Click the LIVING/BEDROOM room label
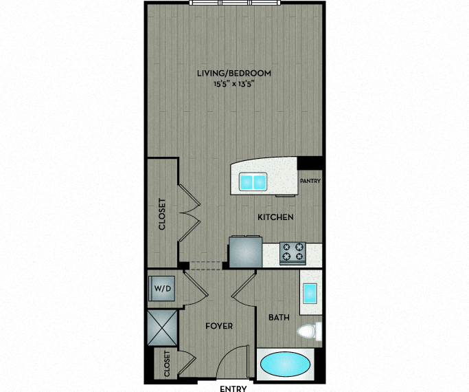(x=234, y=73)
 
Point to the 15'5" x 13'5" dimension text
(x=232, y=84)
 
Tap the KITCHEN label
(x=275, y=217)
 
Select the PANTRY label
(x=310, y=181)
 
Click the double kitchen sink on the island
(x=253, y=182)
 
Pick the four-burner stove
(x=293, y=253)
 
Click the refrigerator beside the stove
(x=246, y=252)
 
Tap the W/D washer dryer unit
(x=161, y=288)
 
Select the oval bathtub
(x=286, y=364)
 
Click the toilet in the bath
(x=310, y=331)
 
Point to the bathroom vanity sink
(x=310, y=293)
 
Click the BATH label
(x=279, y=318)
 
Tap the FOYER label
(x=219, y=326)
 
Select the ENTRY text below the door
(x=233, y=389)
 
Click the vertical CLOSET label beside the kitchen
(x=162, y=214)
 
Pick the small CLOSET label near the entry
(x=167, y=364)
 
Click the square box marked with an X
(x=163, y=327)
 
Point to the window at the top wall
(x=235, y=3)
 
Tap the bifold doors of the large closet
(x=190, y=213)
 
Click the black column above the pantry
(x=310, y=163)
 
